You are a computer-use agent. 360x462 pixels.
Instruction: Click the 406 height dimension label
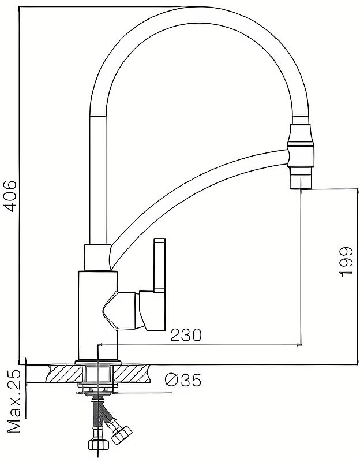[10, 196]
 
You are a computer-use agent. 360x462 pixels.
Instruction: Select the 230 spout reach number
[186, 335]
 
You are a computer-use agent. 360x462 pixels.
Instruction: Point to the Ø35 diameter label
[183, 380]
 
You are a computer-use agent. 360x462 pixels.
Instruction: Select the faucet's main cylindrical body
[97, 315]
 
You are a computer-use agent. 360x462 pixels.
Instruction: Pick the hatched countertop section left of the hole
[65, 374]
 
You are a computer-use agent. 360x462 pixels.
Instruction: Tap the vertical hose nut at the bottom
[98, 444]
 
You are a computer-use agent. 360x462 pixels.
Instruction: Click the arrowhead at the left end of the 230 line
[99, 344]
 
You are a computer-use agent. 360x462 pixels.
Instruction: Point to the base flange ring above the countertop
[98, 363]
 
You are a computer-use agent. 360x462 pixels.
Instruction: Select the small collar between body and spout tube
[97, 257]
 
